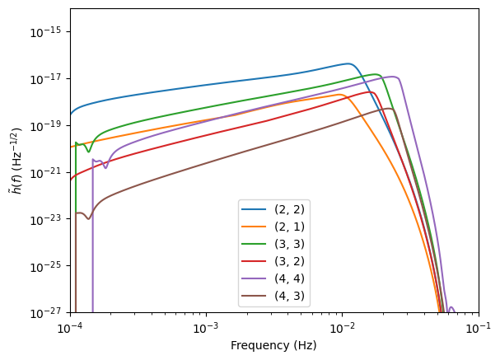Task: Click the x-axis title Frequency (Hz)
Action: pos(273,346)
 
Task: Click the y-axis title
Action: pos(15,161)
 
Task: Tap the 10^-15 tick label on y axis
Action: pos(49,31)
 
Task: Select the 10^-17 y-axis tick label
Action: pos(49,78)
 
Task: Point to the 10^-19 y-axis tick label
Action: pos(49,125)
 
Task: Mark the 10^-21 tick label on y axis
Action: pos(49,172)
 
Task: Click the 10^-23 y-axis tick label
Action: pos(49,219)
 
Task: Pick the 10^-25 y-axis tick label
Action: pos(49,266)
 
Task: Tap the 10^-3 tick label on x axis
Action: pos(206,326)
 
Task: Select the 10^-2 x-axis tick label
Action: pos(342,326)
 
